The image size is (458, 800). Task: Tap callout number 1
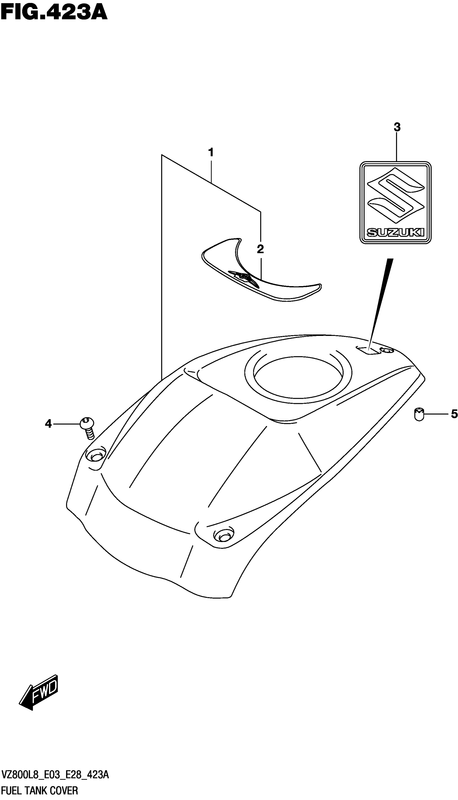211,153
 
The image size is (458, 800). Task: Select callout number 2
260,249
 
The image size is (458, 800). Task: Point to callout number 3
397,128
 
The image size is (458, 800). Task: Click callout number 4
48,424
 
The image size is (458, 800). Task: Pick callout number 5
454,414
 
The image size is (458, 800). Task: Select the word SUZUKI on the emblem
395,233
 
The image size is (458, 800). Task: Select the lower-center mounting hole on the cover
224,534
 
